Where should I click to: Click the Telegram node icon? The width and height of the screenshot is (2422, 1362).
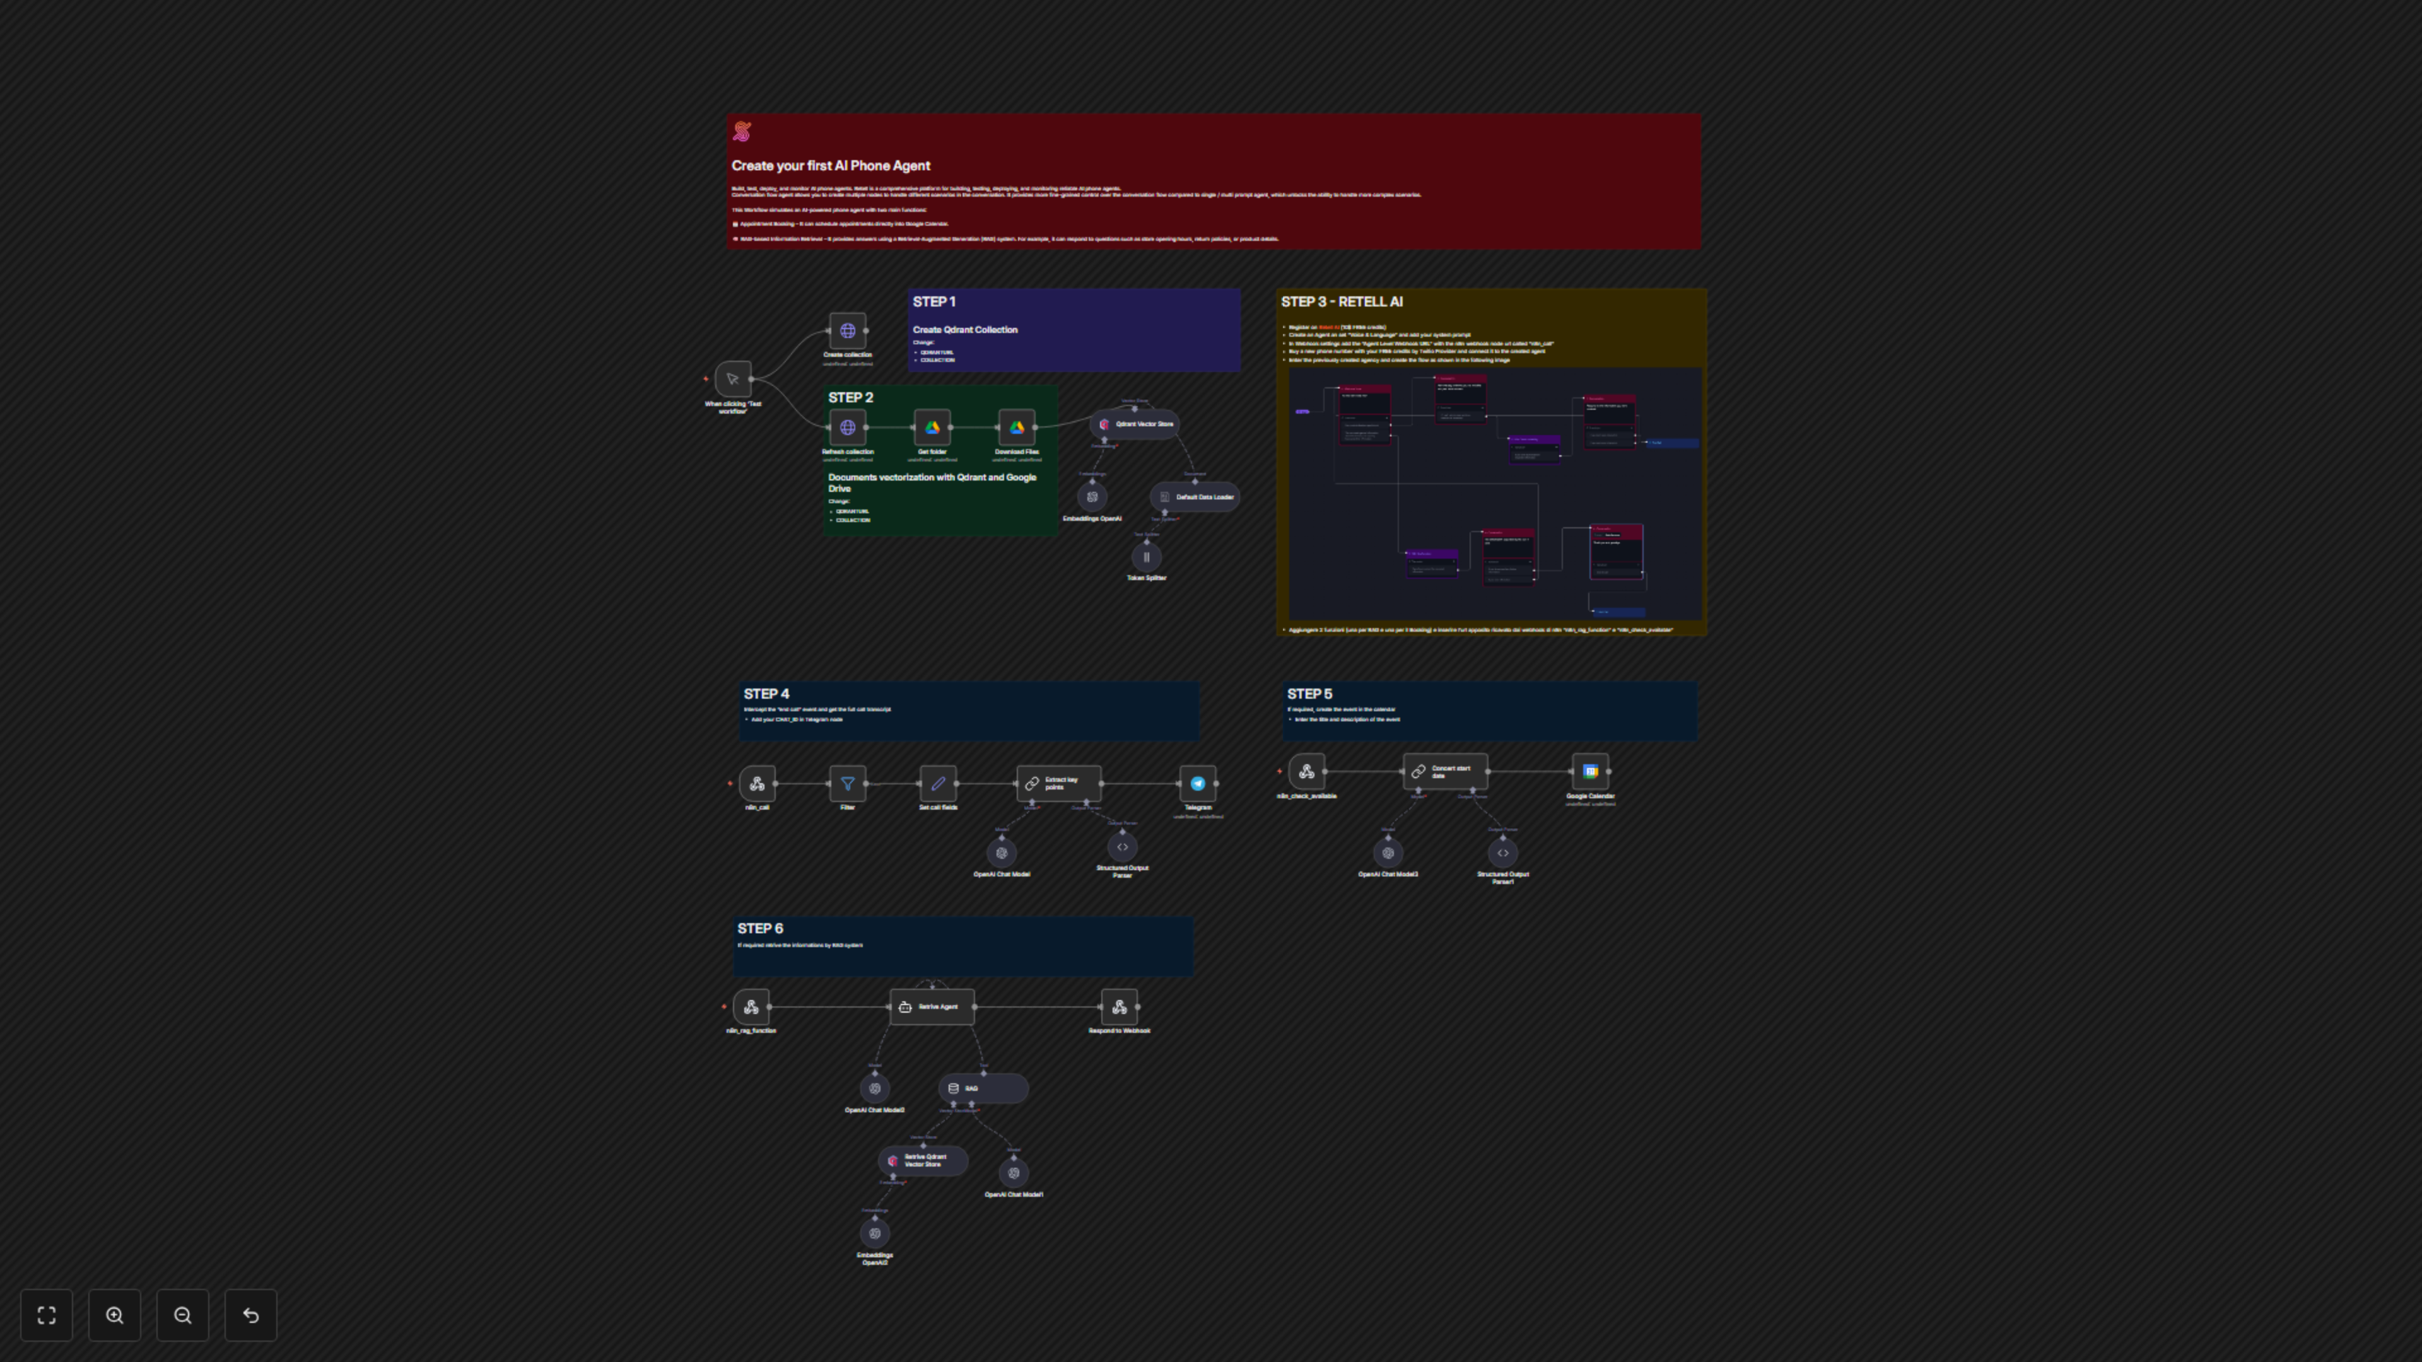coord(1198,783)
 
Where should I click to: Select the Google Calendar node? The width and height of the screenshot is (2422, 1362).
coord(1590,772)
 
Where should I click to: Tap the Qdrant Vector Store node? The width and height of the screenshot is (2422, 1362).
coord(1136,424)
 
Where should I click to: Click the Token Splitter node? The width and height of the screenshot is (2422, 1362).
coord(1146,557)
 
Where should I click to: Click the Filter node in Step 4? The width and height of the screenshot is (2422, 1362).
coord(847,783)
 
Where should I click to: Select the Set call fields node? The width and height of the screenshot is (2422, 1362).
coord(937,783)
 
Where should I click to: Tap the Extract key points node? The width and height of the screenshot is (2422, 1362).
coord(1059,783)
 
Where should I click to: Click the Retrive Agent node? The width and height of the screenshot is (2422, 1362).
coord(932,1007)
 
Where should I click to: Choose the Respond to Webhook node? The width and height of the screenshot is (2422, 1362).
coord(1119,1007)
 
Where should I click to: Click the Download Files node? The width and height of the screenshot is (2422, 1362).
coord(1016,428)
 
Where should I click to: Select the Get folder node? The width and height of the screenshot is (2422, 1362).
coord(932,428)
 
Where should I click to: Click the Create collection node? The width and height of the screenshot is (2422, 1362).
coord(847,331)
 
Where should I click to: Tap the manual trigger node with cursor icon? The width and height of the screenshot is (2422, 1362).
coord(732,379)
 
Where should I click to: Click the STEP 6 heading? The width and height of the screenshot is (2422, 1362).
coord(759,929)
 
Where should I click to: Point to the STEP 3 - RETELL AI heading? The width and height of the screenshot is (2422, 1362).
coord(1342,302)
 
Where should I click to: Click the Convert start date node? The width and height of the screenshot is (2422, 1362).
coord(1445,772)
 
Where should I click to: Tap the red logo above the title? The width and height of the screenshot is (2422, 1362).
coord(742,132)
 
